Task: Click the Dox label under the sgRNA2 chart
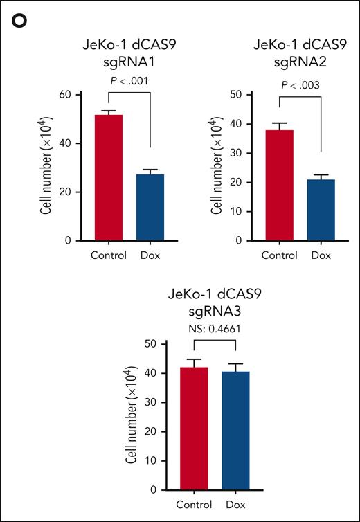(321, 255)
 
